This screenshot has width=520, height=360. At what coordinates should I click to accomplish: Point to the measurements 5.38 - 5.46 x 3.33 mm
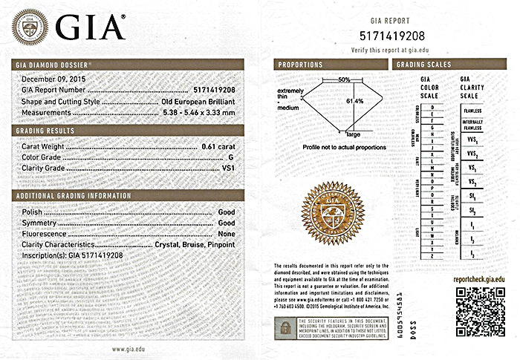click(x=199, y=112)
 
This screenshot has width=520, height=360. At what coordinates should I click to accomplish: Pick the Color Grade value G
click(x=231, y=158)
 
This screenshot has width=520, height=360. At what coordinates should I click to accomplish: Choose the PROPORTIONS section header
click(x=300, y=65)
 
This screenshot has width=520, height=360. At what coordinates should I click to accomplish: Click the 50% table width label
click(x=344, y=79)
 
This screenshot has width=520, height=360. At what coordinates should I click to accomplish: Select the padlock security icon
click(x=285, y=326)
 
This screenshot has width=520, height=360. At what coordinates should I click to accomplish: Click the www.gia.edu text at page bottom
click(x=128, y=348)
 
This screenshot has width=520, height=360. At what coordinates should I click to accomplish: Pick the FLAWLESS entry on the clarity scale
click(x=472, y=111)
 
